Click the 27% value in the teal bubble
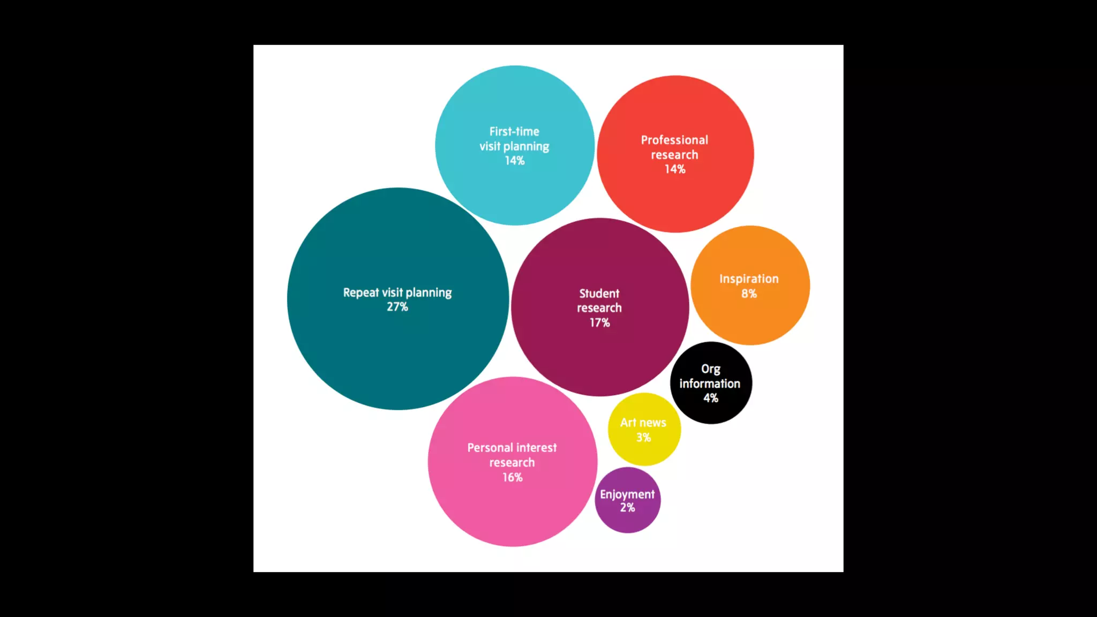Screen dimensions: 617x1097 coord(397,307)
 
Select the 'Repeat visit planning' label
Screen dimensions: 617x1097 coord(397,292)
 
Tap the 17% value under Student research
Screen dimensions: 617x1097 coord(599,322)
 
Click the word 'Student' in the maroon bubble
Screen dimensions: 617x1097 coord(599,294)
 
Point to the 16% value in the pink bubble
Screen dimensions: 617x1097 coord(512,477)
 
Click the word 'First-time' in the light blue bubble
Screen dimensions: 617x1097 coord(514,131)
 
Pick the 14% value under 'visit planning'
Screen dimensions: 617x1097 coord(514,161)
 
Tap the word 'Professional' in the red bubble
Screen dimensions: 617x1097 coord(674,140)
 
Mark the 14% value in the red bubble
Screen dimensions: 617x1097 coord(675,169)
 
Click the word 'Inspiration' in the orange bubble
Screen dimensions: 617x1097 coord(749,279)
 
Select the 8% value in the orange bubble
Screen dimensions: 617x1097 coord(749,294)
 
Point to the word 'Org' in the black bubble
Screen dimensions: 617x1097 coord(711,369)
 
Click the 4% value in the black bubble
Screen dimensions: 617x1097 coord(711,398)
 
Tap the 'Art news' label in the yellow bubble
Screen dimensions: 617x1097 coord(643,423)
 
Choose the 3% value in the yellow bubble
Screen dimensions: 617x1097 coord(643,438)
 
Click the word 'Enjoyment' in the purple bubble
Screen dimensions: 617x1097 coord(627,494)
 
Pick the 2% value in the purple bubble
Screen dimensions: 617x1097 coord(627,508)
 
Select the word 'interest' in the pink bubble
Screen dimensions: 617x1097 coord(535,448)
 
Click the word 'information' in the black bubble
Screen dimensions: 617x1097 coord(710,383)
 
